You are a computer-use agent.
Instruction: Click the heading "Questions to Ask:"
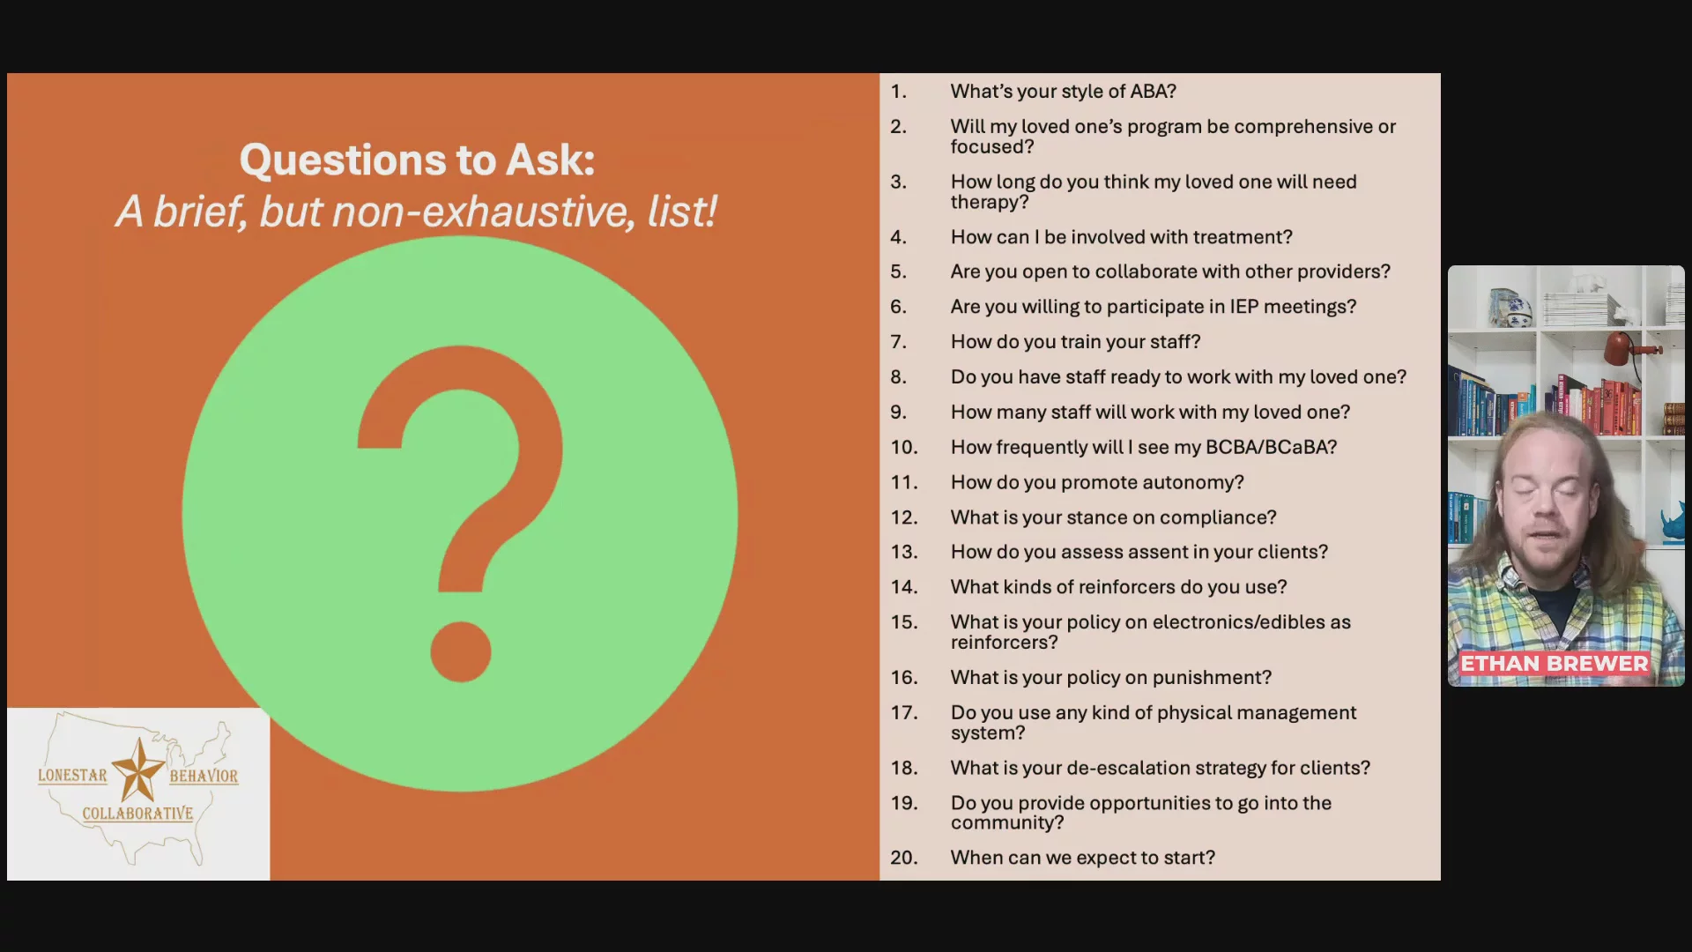point(417,160)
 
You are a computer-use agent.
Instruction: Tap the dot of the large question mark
point(461,651)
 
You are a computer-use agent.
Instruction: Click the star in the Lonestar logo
point(137,769)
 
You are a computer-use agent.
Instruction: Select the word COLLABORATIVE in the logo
point(137,814)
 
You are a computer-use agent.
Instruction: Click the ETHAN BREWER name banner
point(1554,664)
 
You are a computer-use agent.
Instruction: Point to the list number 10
point(903,448)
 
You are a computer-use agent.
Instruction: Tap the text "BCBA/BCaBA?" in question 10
point(1271,448)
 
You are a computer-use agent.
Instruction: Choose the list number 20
point(903,858)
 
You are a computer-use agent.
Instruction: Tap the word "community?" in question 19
point(1007,823)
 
